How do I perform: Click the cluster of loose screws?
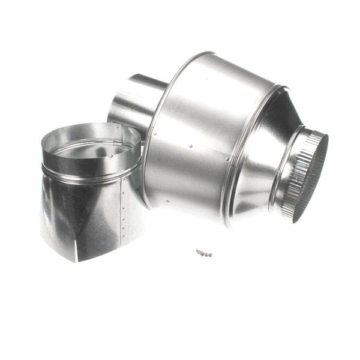click(x=204, y=253)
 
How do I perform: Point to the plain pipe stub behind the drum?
click(x=132, y=102)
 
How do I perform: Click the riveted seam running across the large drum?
click(x=192, y=147)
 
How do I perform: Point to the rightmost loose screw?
click(x=210, y=255)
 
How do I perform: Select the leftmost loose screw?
click(x=198, y=251)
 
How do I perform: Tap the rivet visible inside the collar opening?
click(x=110, y=155)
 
